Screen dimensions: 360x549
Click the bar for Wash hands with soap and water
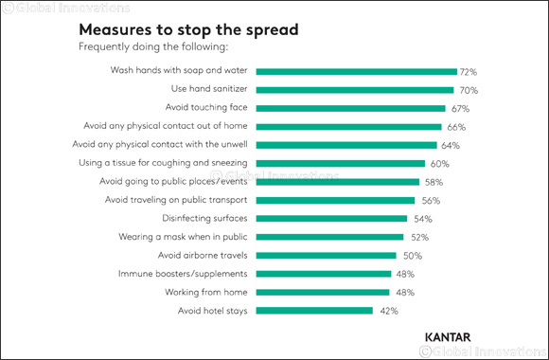pyautogui.click(x=356, y=71)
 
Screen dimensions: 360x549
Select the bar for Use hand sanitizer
pyautogui.click(x=353, y=90)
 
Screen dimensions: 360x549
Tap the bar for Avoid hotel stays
pyautogui.click(x=315, y=310)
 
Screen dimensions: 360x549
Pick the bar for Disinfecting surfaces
pyautogui.click(x=331, y=218)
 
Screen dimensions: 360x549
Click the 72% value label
pyautogui.click(x=469, y=71)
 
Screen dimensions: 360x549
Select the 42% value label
pyautogui.click(x=389, y=310)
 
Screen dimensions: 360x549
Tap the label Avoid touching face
pyautogui.click(x=207, y=108)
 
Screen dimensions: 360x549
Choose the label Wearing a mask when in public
pyautogui.click(x=185, y=237)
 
